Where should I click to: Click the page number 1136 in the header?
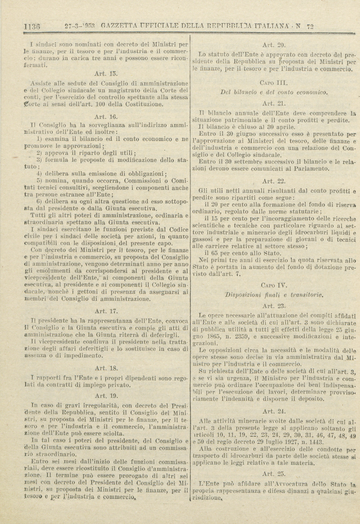click(x=31, y=26)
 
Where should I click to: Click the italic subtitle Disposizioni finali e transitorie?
click(x=273, y=295)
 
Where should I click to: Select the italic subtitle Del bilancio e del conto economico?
click(x=274, y=92)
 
